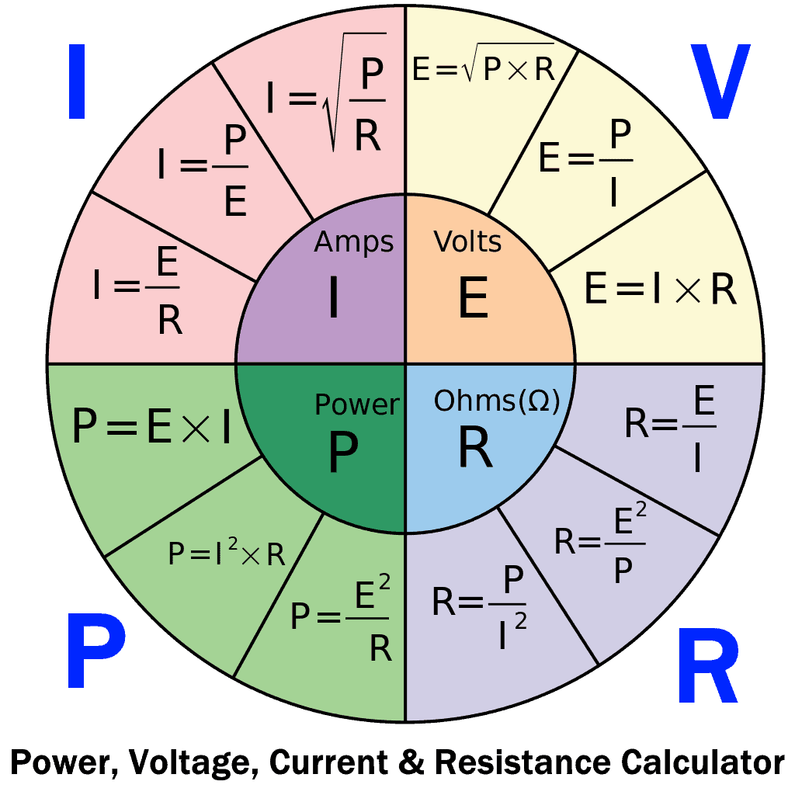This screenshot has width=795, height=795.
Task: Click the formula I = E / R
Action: point(137,290)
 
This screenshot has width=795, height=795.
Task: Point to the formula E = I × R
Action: point(660,289)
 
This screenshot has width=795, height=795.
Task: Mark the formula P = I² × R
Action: point(227,552)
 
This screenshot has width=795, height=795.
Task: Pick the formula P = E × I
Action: point(151,426)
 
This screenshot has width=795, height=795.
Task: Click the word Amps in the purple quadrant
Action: point(354,242)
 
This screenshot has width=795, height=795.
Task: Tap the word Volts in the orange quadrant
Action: point(467,242)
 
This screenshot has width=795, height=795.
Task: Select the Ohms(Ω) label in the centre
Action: point(497,401)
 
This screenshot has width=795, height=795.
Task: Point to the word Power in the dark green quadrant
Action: point(357,404)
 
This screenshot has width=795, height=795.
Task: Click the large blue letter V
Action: point(720,81)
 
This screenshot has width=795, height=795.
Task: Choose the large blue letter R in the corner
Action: point(707,665)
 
